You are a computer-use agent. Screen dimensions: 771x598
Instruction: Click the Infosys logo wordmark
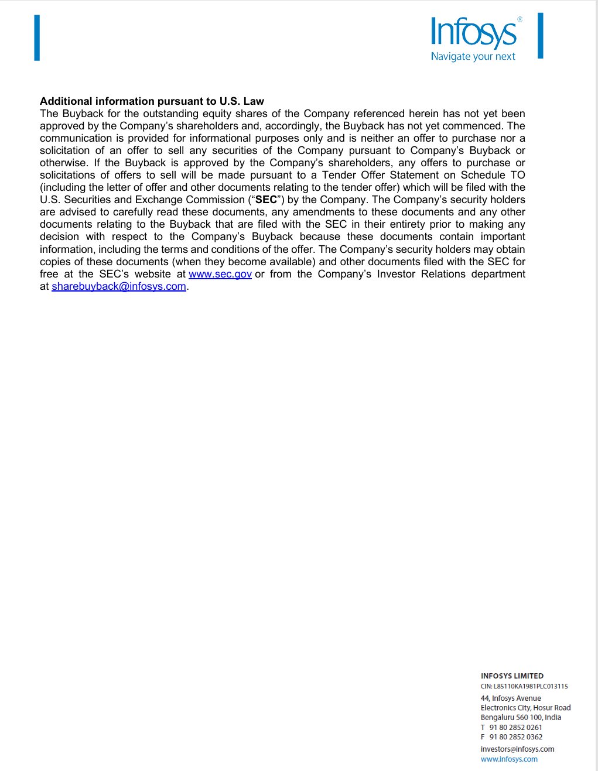point(473,33)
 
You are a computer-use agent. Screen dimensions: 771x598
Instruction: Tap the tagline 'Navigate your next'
point(473,57)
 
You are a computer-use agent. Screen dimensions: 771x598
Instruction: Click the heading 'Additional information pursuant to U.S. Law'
point(152,101)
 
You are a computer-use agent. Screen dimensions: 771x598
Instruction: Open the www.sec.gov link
point(220,274)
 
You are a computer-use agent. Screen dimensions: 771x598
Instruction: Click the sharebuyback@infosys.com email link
point(119,286)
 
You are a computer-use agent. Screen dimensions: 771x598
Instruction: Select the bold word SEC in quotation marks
point(266,200)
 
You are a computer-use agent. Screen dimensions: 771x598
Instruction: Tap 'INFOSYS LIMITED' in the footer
point(512,676)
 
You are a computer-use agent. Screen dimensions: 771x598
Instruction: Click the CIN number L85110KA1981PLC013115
point(531,686)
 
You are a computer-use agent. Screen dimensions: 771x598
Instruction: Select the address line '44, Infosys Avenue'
point(511,698)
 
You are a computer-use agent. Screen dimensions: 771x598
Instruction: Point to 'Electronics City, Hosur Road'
point(525,708)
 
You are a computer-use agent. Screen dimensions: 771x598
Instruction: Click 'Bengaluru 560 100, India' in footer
point(521,717)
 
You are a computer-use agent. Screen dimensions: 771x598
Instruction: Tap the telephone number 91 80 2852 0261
point(515,727)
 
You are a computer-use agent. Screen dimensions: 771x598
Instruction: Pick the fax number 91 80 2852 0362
point(515,737)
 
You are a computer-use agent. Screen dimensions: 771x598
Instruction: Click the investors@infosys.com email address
point(517,749)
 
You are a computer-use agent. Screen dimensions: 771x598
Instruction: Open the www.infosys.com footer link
point(509,759)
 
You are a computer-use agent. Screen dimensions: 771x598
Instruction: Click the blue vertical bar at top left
point(37,38)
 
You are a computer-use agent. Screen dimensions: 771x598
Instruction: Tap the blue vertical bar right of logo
point(540,36)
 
